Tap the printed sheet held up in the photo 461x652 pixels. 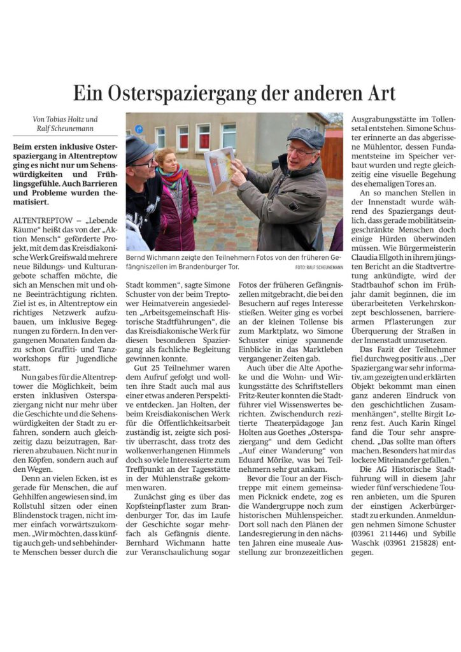tap(218, 169)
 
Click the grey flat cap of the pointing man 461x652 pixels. tap(306, 136)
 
